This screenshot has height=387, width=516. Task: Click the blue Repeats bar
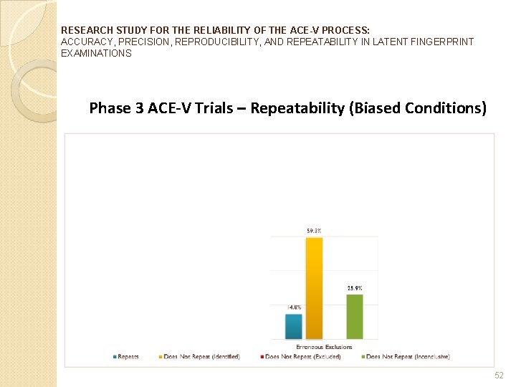[294, 326]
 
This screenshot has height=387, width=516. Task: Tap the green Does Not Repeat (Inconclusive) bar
[355, 317]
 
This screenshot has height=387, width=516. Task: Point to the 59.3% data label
[314, 231]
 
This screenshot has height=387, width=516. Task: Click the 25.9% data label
[355, 288]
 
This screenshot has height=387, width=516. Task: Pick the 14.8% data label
[294, 307]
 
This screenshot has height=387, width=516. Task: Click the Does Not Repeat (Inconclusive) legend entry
[408, 357]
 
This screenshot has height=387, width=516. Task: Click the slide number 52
[500, 376]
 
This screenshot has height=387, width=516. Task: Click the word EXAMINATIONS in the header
[97, 54]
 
